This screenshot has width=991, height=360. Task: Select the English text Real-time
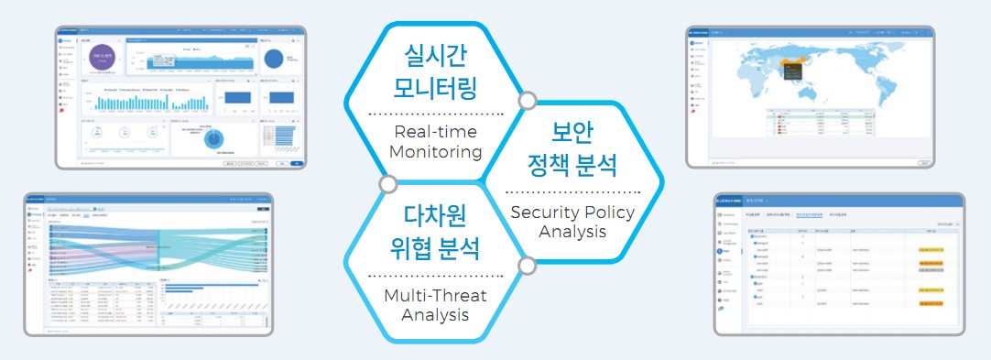pyautogui.click(x=435, y=130)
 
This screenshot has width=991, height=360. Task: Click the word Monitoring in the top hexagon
pyautogui.click(x=435, y=151)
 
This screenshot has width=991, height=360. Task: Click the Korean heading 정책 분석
pyautogui.click(x=572, y=166)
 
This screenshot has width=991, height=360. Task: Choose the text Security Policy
pyautogui.click(x=572, y=212)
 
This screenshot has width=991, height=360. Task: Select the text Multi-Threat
pyautogui.click(x=435, y=295)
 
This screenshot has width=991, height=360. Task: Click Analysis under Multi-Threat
pyautogui.click(x=435, y=315)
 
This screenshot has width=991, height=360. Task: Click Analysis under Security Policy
pyautogui.click(x=572, y=231)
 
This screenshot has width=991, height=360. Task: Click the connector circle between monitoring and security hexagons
pyautogui.click(x=527, y=100)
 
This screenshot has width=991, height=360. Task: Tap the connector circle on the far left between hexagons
pyautogui.click(x=387, y=184)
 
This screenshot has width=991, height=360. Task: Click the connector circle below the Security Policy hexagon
pyautogui.click(x=527, y=266)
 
